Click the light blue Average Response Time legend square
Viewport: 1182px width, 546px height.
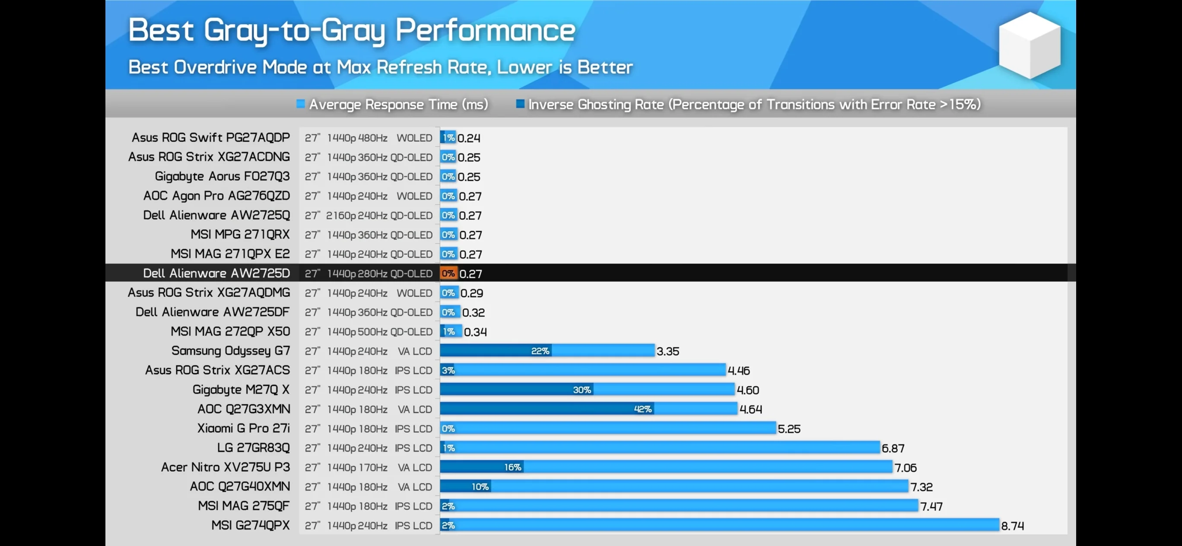(x=301, y=104)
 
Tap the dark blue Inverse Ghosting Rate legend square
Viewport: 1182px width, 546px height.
(x=520, y=104)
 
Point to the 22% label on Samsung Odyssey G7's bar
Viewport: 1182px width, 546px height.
(x=540, y=351)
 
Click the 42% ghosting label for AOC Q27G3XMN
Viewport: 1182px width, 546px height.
(x=642, y=409)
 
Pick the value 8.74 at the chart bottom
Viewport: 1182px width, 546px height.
(x=1012, y=526)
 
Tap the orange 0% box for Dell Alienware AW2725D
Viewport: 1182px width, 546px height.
(x=448, y=273)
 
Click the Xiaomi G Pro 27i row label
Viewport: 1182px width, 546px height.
(x=243, y=428)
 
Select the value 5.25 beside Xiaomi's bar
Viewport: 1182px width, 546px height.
(x=789, y=429)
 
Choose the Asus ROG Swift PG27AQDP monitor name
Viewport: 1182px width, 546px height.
(x=211, y=137)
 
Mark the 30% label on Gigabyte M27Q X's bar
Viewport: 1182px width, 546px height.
(x=582, y=390)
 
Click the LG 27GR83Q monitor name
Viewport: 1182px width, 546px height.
(x=253, y=448)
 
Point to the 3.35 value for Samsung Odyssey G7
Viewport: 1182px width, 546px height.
(x=667, y=352)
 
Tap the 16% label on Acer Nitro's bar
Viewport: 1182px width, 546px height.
(x=512, y=467)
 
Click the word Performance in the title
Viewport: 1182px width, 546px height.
(x=485, y=30)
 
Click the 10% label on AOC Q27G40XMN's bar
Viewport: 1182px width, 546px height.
(x=480, y=486)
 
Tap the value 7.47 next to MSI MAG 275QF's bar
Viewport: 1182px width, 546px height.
(x=931, y=507)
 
